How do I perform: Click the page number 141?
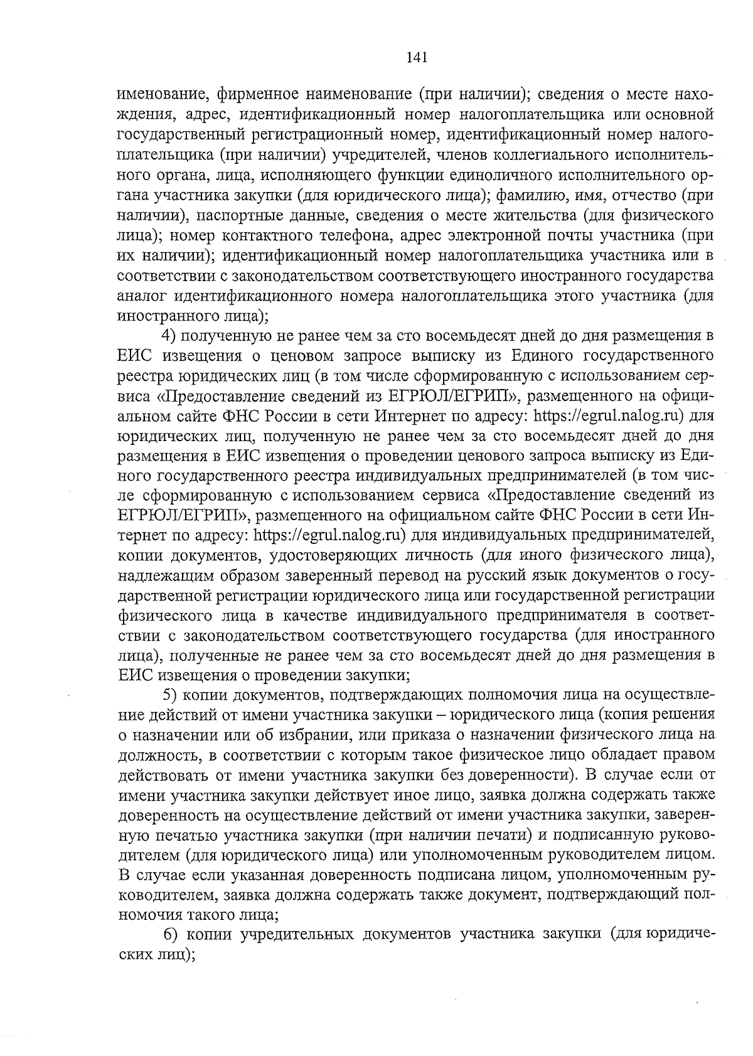(417, 58)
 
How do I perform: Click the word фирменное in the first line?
(255, 95)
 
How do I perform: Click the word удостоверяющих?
(342, 555)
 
